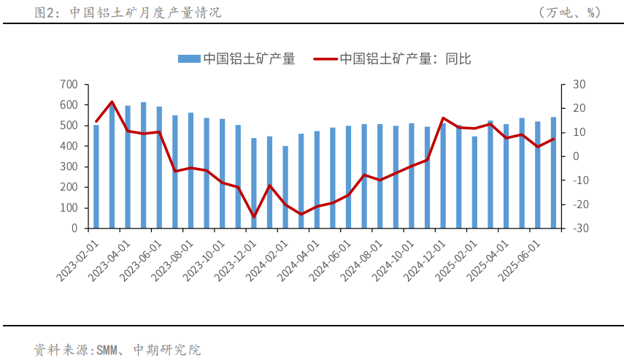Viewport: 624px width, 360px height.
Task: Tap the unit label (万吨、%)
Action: click(569, 12)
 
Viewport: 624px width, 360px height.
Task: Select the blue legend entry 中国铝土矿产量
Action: click(236, 59)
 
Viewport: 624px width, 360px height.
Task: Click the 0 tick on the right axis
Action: click(575, 156)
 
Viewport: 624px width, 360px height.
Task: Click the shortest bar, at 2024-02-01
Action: click(285, 188)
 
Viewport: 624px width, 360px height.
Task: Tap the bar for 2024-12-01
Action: click(443, 176)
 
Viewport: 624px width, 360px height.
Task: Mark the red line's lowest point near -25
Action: click(254, 217)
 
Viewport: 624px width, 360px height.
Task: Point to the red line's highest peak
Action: click(112, 102)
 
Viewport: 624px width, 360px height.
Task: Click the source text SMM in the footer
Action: click(106, 350)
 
